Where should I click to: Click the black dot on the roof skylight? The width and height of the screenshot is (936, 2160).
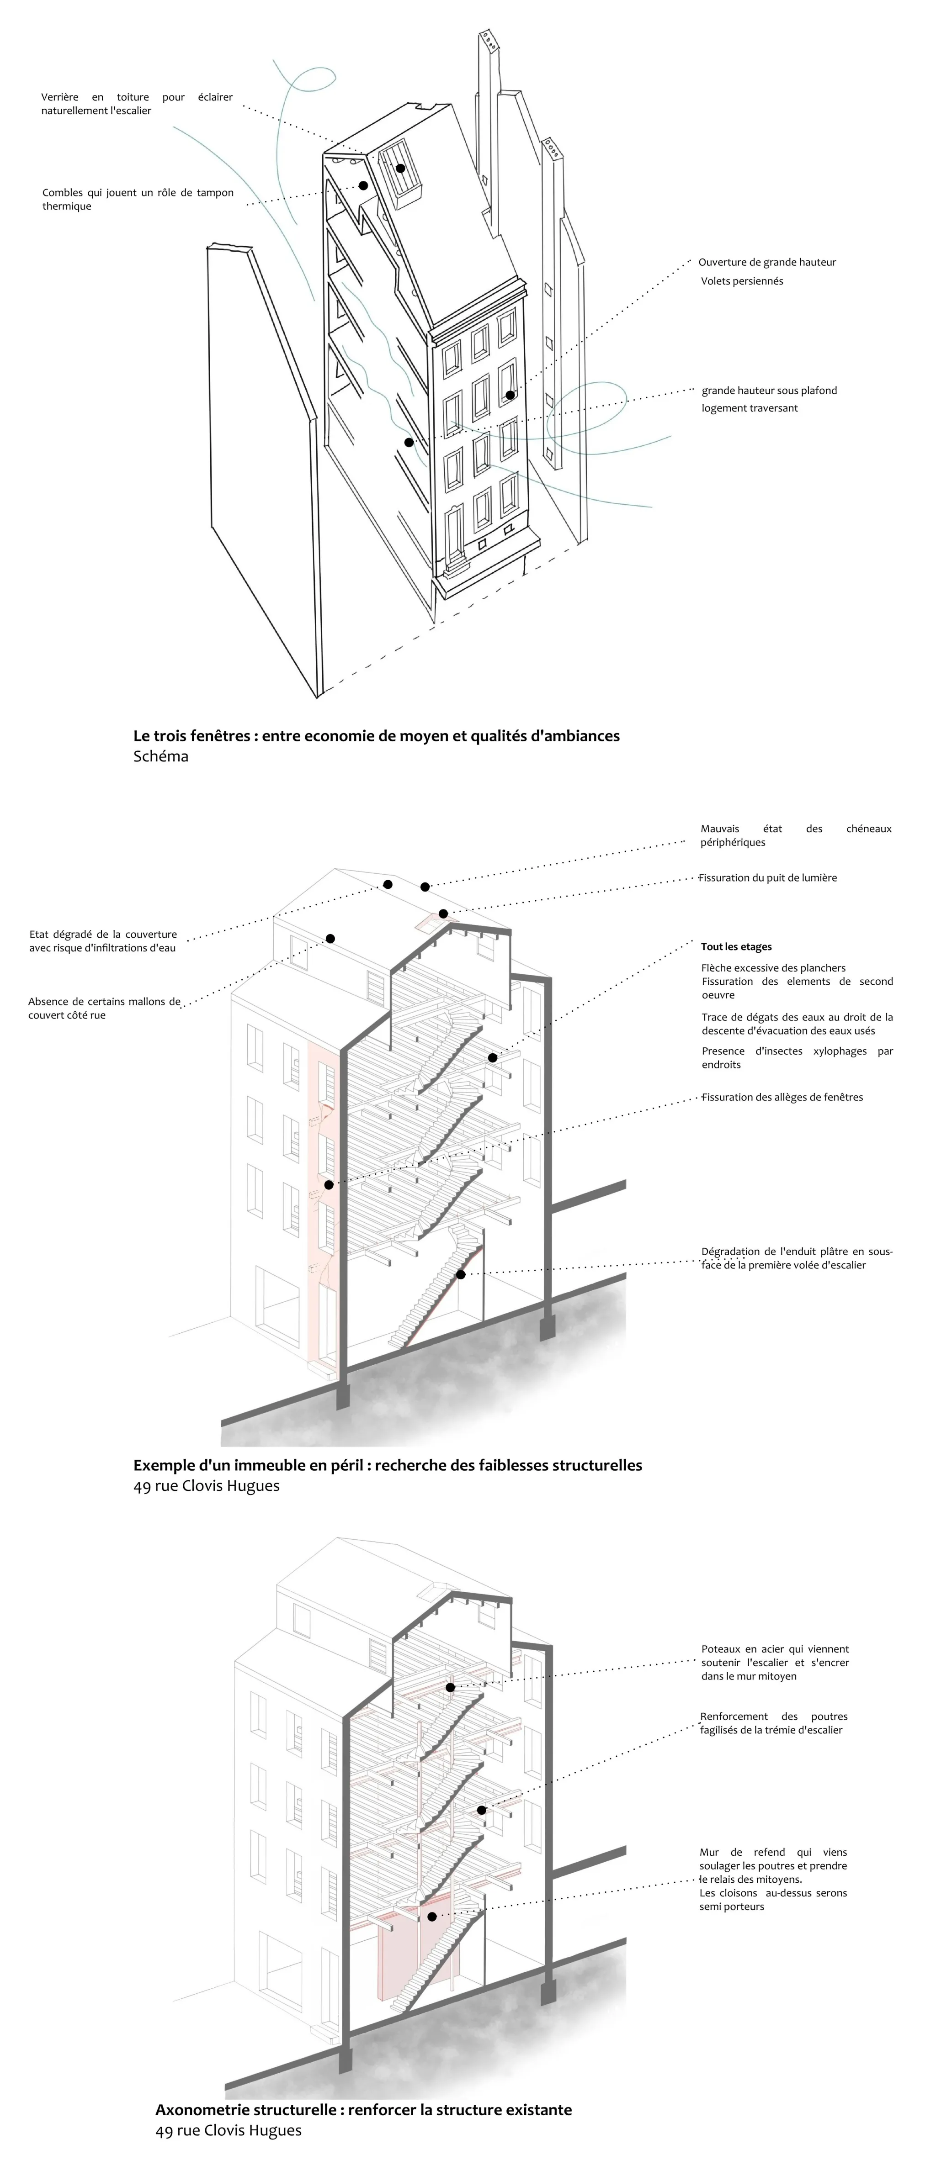click(x=401, y=169)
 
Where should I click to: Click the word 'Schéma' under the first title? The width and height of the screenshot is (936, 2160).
click(x=160, y=756)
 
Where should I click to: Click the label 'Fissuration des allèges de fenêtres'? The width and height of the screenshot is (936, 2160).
click(x=782, y=1097)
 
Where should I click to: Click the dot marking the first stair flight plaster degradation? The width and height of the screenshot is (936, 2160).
click(x=460, y=1274)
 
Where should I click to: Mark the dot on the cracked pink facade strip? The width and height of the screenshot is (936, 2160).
click(x=329, y=1185)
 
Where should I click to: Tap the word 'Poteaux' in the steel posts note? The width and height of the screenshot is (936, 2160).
click(x=720, y=1648)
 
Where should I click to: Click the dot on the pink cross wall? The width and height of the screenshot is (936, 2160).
click(x=432, y=1917)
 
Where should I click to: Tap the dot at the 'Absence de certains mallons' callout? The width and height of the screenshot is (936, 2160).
click(x=330, y=938)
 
